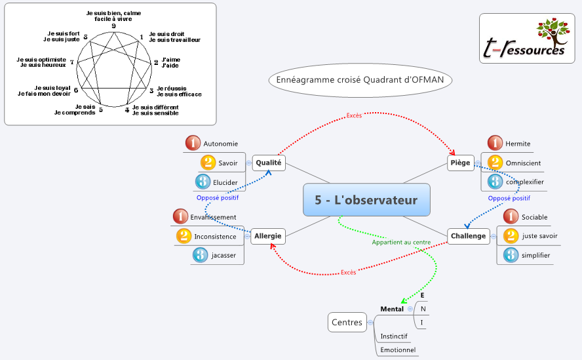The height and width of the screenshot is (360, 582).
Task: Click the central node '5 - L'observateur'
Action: pyautogui.click(x=366, y=201)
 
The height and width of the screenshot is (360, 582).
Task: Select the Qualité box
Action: pyautogui.click(x=269, y=163)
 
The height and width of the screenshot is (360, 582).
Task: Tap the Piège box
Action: pyautogui.click(x=460, y=163)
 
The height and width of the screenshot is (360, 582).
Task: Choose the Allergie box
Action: pyautogui.click(x=268, y=235)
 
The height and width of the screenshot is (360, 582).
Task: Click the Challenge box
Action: pyautogui.click(x=469, y=236)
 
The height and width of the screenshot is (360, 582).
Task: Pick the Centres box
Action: pyautogui.click(x=347, y=322)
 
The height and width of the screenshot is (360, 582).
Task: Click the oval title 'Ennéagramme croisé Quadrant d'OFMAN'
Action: pyautogui.click(x=360, y=80)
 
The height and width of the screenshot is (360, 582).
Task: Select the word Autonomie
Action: pyautogui.click(x=221, y=144)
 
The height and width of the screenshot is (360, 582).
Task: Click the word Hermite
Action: pyautogui.click(x=518, y=144)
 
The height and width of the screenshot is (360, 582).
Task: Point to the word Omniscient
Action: pyautogui.click(x=523, y=163)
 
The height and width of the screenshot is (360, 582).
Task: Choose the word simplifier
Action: pyautogui.click(x=536, y=255)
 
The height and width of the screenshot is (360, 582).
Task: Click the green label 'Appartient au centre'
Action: pyautogui.click(x=401, y=242)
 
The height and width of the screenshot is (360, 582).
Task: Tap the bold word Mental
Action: pyautogui.click(x=392, y=309)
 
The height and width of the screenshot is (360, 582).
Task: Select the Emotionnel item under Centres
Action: pyautogui.click(x=398, y=350)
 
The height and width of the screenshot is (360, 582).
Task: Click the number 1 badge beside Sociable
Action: pyautogui.click(x=511, y=216)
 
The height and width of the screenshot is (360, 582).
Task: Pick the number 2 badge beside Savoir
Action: pyautogui.click(x=208, y=163)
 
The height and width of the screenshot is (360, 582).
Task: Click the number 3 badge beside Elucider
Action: pyautogui.click(x=203, y=182)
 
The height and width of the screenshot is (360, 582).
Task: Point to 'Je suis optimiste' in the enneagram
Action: pyautogui.click(x=41, y=59)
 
